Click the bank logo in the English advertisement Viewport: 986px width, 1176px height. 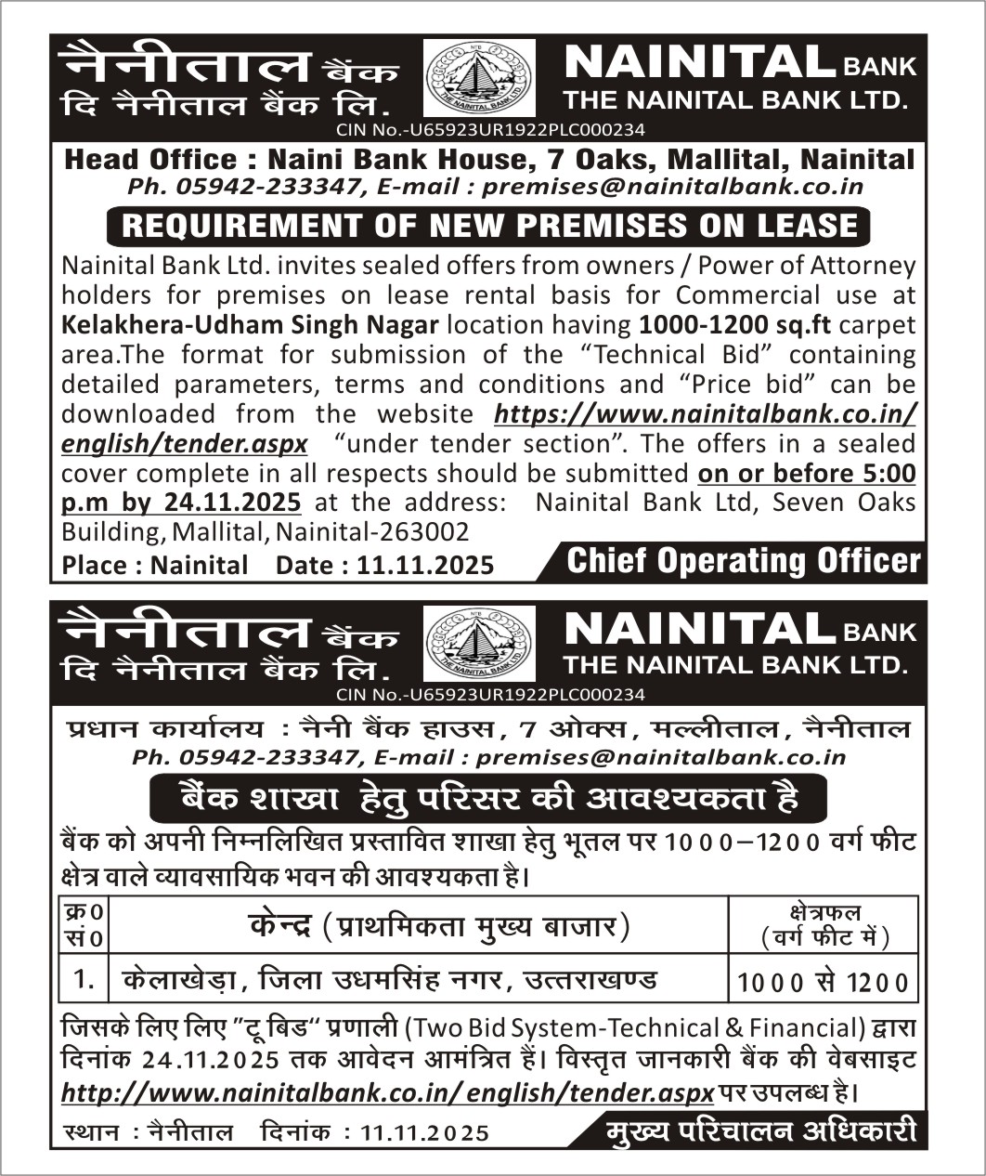pyautogui.click(x=479, y=78)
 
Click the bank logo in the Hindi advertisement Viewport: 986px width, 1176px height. pyautogui.click(x=479, y=643)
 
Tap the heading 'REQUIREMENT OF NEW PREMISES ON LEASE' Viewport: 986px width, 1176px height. pyautogui.click(x=489, y=226)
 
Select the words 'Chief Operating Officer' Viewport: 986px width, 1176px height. pyautogui.click(x=743, y=561)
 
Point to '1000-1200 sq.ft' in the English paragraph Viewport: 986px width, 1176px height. pyautogui.click(x=734, y=325)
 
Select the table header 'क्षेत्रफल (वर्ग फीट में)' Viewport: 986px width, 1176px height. pyautogui.click(x=824, y=925)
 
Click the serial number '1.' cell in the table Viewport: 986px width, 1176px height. pyautogui.click(x=84, y=979)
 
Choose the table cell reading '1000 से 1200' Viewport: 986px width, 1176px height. pyautogui.click(x=823, y=981)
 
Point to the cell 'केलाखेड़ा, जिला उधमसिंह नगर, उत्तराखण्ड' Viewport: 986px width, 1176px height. pyautogui.click(x=390, y=979)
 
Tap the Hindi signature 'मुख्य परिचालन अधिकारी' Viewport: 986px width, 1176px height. pyautogui.click(x=760, y=1131)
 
